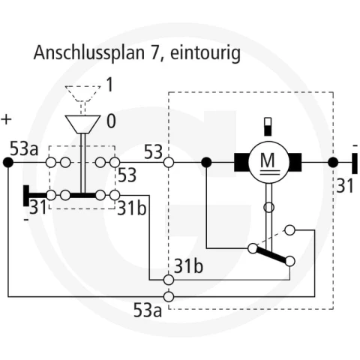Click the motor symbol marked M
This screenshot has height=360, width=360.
pos(268,163)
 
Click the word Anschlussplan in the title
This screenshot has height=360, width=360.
pos(89,53)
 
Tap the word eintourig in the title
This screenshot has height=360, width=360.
pos(205,53)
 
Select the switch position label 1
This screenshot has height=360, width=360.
pos(109,85)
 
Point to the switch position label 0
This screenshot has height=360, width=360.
pos(111,121)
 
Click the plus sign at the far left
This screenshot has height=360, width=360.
pos(6,119)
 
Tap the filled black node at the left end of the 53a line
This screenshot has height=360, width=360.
pos(8,163)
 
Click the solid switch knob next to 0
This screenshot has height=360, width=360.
pos(82,124)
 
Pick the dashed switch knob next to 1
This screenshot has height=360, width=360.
pos(82,94)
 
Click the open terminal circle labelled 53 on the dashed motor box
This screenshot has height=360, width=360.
pos(169,163)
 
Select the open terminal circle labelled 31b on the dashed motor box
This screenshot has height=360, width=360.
pos(169,280)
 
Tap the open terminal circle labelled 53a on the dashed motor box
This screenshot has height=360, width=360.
pos(169,297)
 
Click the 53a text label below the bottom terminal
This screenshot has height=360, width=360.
pos(148,310)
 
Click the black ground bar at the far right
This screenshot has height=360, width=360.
pos(355,163)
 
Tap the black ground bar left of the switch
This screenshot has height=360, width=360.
pos(26,196)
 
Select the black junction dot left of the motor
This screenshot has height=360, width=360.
pos(206,163)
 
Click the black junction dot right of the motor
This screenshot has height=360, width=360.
pos(333,163)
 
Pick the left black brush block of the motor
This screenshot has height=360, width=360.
pos(241,163)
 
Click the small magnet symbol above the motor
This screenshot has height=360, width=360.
pos(268,127)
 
